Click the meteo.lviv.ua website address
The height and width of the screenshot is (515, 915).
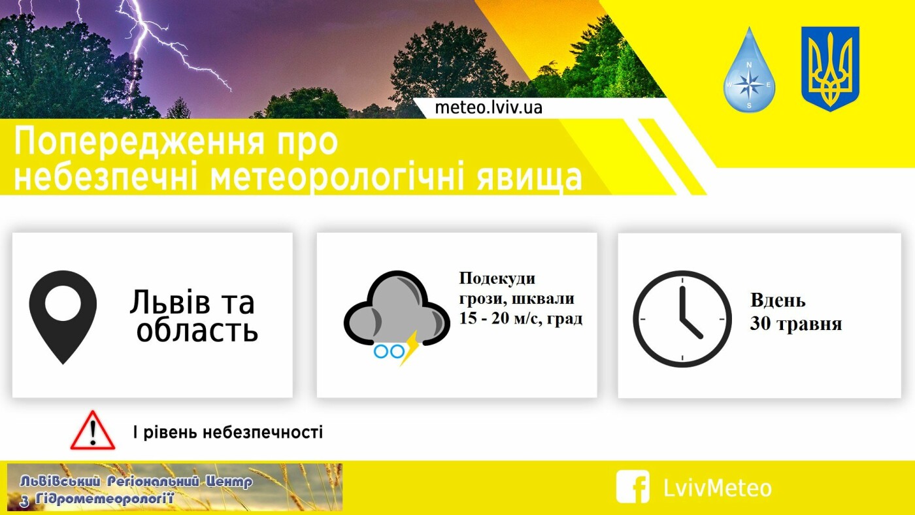489,108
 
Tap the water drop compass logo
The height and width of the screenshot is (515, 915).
749,70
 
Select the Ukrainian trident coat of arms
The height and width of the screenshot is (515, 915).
830,69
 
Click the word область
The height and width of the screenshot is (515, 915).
197,330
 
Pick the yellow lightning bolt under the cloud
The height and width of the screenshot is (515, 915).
410,348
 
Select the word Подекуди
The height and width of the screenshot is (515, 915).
497,279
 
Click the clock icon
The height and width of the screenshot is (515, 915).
682,319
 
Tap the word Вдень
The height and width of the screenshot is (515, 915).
778,301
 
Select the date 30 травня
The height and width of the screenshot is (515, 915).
796,324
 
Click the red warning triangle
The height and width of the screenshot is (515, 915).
93,431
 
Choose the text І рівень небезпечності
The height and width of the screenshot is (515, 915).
228,432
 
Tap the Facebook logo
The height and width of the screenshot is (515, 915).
633,486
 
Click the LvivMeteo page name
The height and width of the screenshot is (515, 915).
718,488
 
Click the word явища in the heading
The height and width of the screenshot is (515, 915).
529,178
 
